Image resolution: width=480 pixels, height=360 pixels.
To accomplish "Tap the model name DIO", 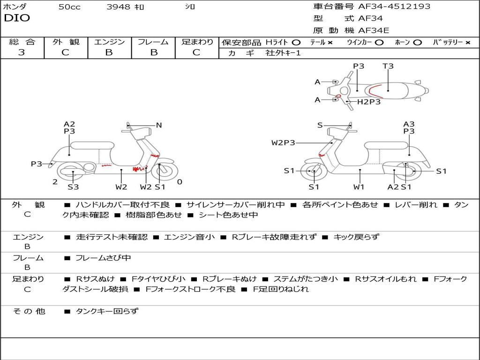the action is pos(17,18).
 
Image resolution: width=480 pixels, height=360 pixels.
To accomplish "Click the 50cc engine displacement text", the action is pos(69,7).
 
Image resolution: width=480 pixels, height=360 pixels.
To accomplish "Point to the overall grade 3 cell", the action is pos(22,52).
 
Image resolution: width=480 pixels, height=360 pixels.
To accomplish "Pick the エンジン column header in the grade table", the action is pos(109,42).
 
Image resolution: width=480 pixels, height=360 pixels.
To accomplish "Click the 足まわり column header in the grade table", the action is pos(197,42).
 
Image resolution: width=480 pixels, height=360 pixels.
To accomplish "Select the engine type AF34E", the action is pos(374,30).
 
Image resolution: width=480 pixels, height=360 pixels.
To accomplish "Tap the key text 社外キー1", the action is pos(283,53).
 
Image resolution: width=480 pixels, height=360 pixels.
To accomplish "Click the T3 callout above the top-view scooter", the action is pos(388,66).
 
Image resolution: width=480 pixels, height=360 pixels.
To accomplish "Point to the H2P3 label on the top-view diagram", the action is pos(369,102).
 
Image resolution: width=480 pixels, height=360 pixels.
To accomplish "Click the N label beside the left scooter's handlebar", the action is pos(159,125).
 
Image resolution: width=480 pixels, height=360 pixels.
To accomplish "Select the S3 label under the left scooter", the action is pos(73,187).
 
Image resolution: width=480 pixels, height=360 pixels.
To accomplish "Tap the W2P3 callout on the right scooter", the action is pos(283,142).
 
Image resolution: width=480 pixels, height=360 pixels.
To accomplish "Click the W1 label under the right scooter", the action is pos(359,187).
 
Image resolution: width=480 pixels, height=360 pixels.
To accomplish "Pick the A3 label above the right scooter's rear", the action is pos(409,124).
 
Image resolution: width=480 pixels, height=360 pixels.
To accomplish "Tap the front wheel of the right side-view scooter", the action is pos(314,172).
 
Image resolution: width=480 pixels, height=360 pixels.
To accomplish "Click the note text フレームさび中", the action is pos(103,258).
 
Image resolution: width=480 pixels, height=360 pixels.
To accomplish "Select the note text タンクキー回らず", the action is pos(107,311).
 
